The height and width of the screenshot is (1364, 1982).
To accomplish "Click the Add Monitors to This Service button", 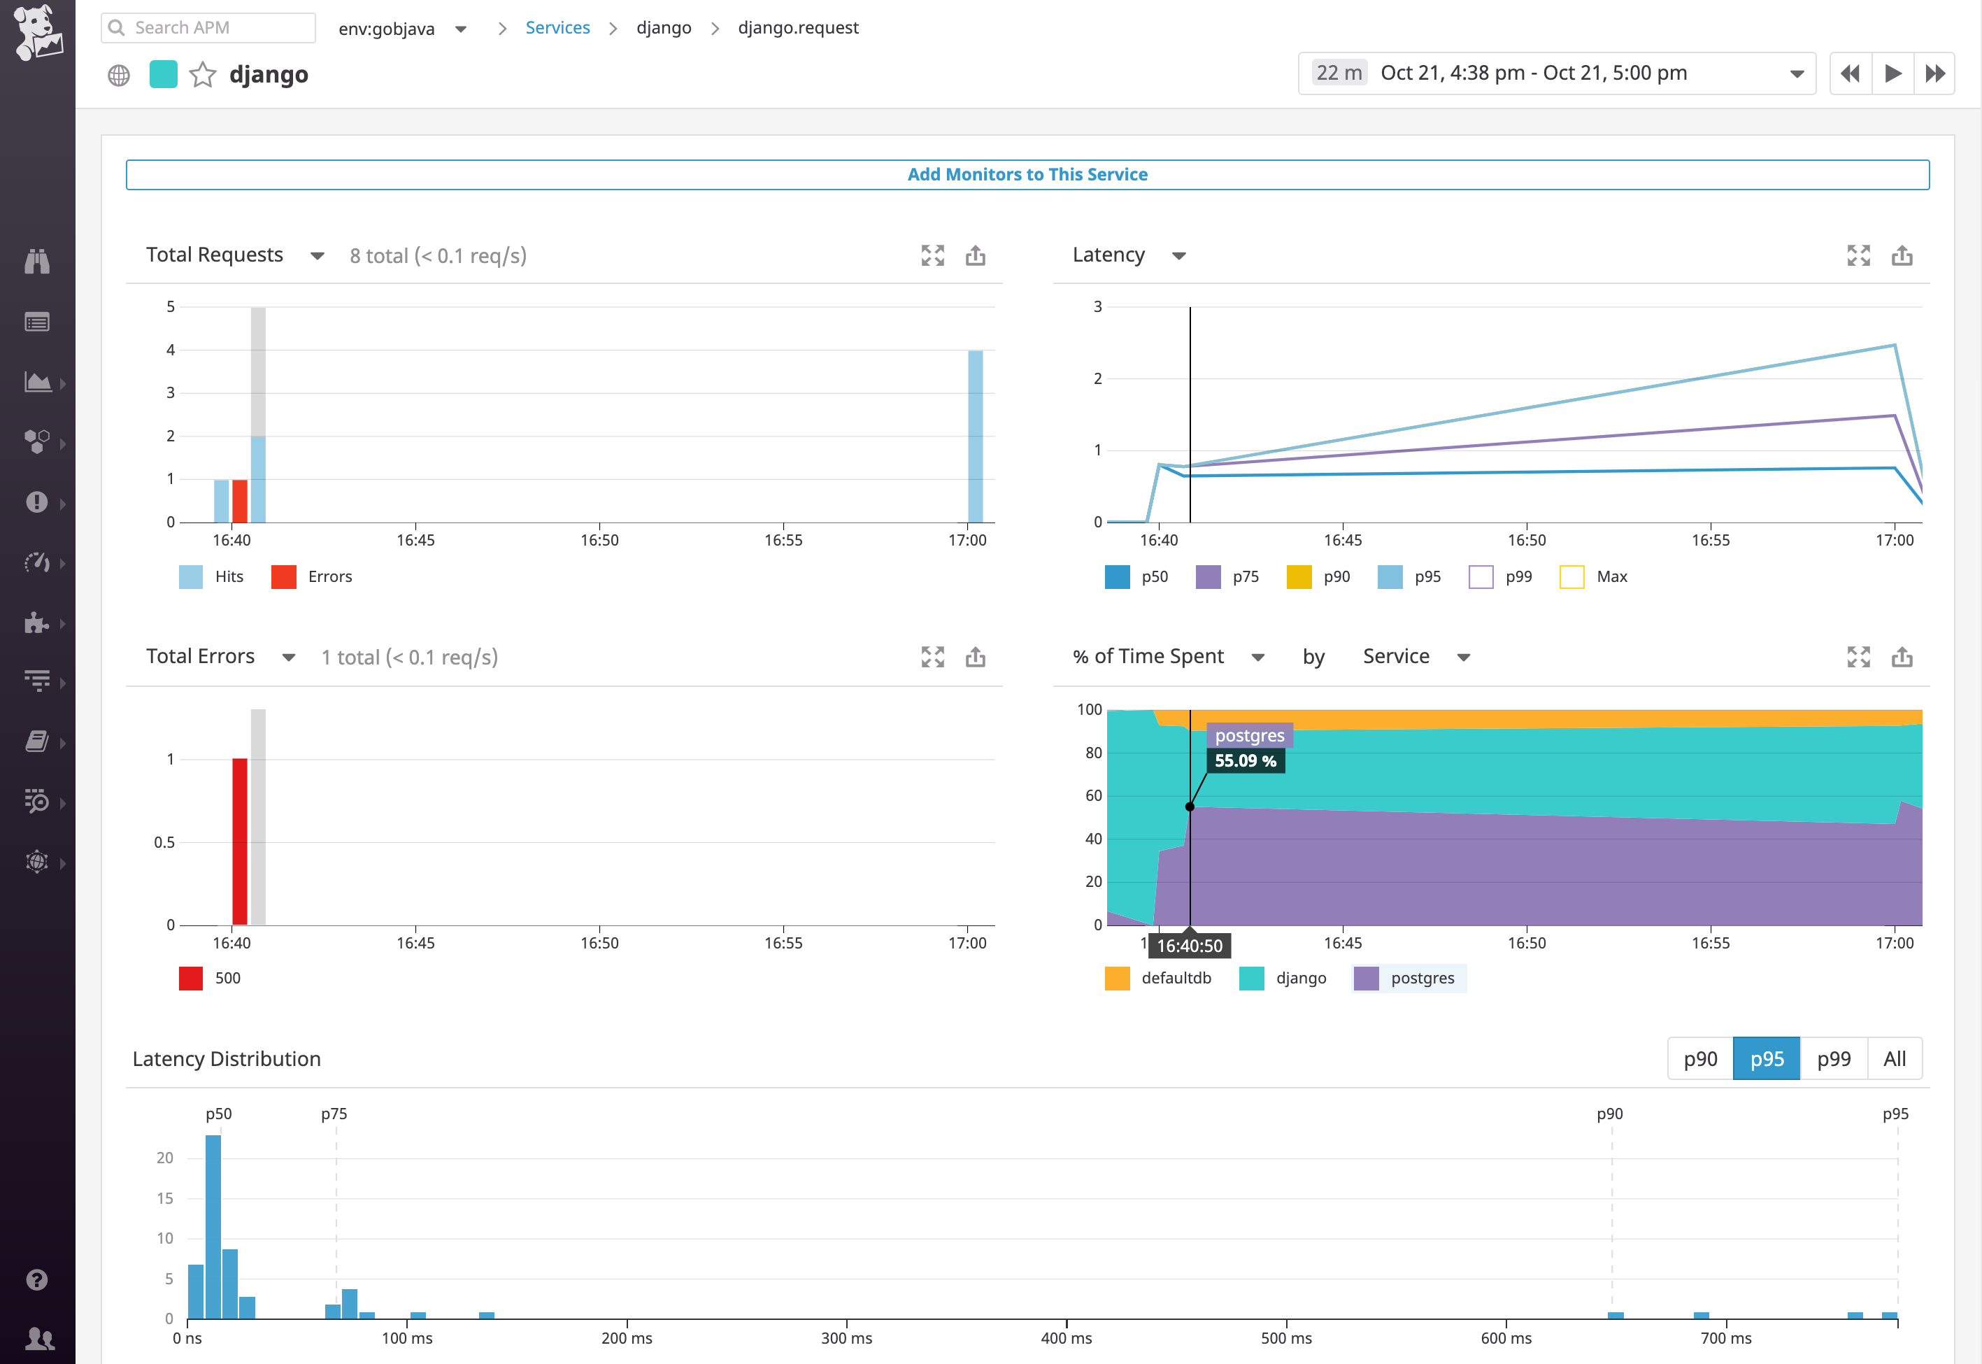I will (x=1027, y=174).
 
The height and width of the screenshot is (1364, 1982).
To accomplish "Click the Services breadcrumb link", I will (x=557, y=27).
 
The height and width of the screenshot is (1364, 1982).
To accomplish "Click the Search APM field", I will (x=209, y=27).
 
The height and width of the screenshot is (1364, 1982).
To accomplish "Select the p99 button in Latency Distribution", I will (x=1833, y=1059).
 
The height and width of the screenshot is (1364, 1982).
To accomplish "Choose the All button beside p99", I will (x=1894, y=1059).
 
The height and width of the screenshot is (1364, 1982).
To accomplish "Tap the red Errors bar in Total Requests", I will (x=240, y=502).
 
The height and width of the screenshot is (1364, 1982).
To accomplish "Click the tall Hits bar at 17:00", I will (x=975, y=436).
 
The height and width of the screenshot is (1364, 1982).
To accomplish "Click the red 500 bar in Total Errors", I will (x=240, y=841).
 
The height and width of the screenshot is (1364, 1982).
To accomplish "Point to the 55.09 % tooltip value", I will (x=1245, y=760).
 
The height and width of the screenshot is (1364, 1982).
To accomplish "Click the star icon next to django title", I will (x=203, y=76).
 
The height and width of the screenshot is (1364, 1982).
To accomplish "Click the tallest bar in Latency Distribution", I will (x=213, y=1226).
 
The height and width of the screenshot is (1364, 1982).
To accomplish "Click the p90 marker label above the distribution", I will (x=1609, y=1114).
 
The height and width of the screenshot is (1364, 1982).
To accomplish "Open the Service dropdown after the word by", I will (x=1415, y=656).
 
